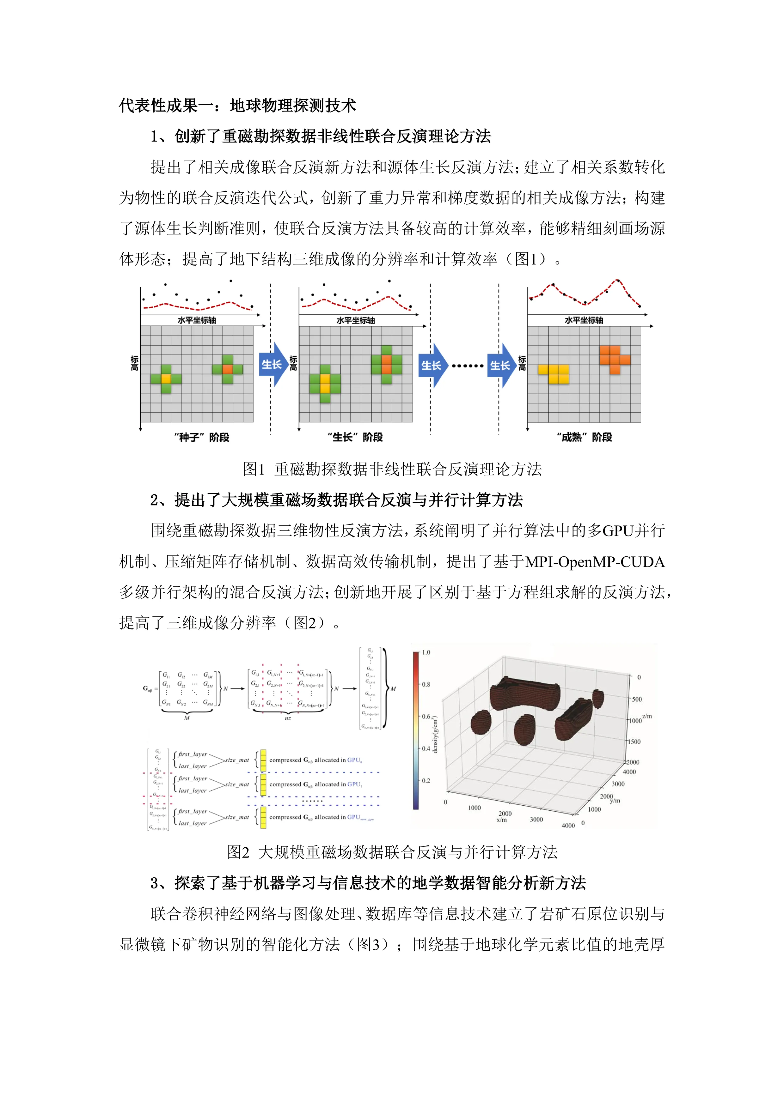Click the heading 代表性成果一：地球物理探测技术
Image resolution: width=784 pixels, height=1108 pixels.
coord(237,105)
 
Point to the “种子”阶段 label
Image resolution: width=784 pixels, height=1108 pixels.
coord(201,437)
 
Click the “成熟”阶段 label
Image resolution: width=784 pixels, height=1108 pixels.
coord(584,437)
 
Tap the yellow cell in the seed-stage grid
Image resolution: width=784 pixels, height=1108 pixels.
coord(166,379)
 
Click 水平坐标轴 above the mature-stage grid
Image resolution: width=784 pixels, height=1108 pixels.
coord(584,320)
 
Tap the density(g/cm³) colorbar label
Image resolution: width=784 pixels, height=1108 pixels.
coord(435,734)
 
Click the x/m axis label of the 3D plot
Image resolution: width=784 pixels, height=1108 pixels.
coord(502,820)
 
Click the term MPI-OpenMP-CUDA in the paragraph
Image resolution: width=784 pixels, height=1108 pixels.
coord(595,562)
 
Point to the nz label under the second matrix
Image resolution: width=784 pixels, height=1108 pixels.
coord(288,718)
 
